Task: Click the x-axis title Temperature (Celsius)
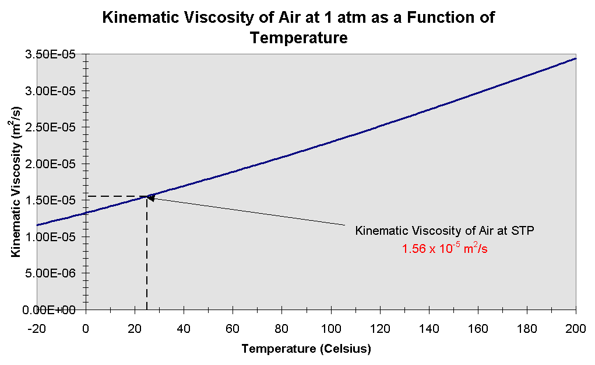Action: pos(306,349)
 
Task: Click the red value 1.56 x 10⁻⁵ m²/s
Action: pos(445,248)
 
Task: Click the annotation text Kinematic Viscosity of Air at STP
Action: pos(445,231)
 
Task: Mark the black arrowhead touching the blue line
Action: pos(150,198)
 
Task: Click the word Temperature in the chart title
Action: pos(299,39)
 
